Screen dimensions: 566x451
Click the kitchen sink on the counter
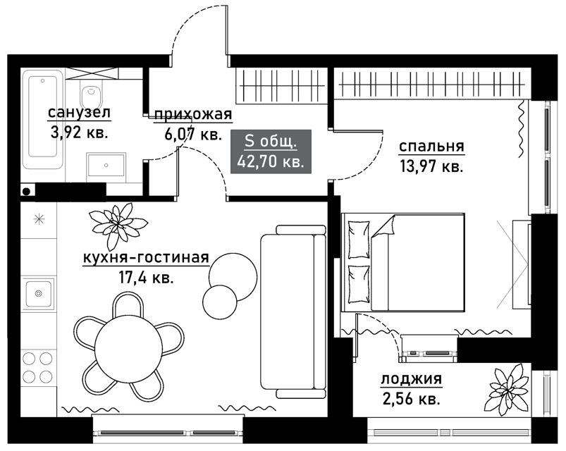pyautogui.click(x=38, y=293)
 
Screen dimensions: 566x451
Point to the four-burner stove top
pyautogui.click(x=37, y=368)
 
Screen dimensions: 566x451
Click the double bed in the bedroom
pyautogui.click(x=403, y=262)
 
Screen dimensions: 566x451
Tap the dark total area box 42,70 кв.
pyautogui.click(x=271, y=152)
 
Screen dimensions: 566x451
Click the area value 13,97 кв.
pyautogui.click(x=431, y=167)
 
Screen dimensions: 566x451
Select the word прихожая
pyautogui.click(x=193, y=115)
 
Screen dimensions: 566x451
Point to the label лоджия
pyautogui.click(x=412, y=380)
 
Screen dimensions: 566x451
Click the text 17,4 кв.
pyautogui.click(x=146, y=278)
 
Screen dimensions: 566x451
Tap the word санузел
pyautogui.click(x=79, y=113)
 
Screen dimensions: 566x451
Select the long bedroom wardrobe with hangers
pyautogui.click(x=433, y=83)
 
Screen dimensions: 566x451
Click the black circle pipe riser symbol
pyautogui.click(x=26, y=192)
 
